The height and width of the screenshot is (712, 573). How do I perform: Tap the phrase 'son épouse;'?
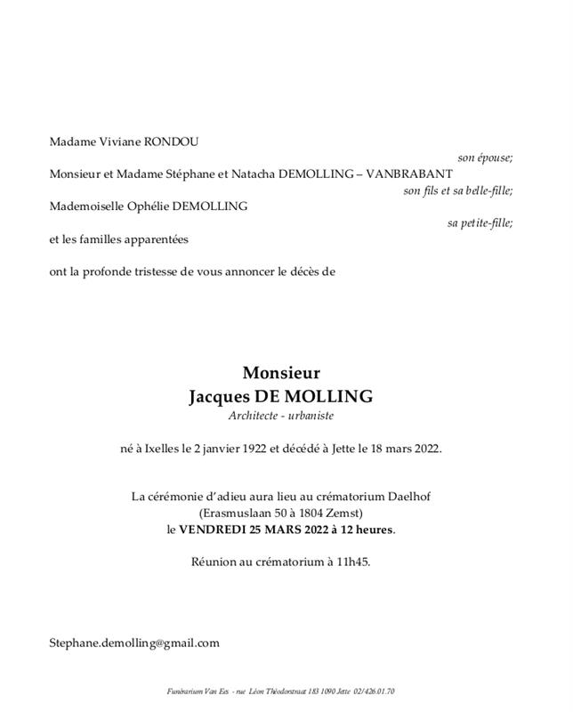486,158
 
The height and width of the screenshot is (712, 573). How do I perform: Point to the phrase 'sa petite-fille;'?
480,223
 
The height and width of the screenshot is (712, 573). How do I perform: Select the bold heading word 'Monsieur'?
281,374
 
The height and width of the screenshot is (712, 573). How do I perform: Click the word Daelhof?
411,496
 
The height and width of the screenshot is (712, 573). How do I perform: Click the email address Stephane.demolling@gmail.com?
134,643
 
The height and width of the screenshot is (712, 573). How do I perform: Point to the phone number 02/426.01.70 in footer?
374,692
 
